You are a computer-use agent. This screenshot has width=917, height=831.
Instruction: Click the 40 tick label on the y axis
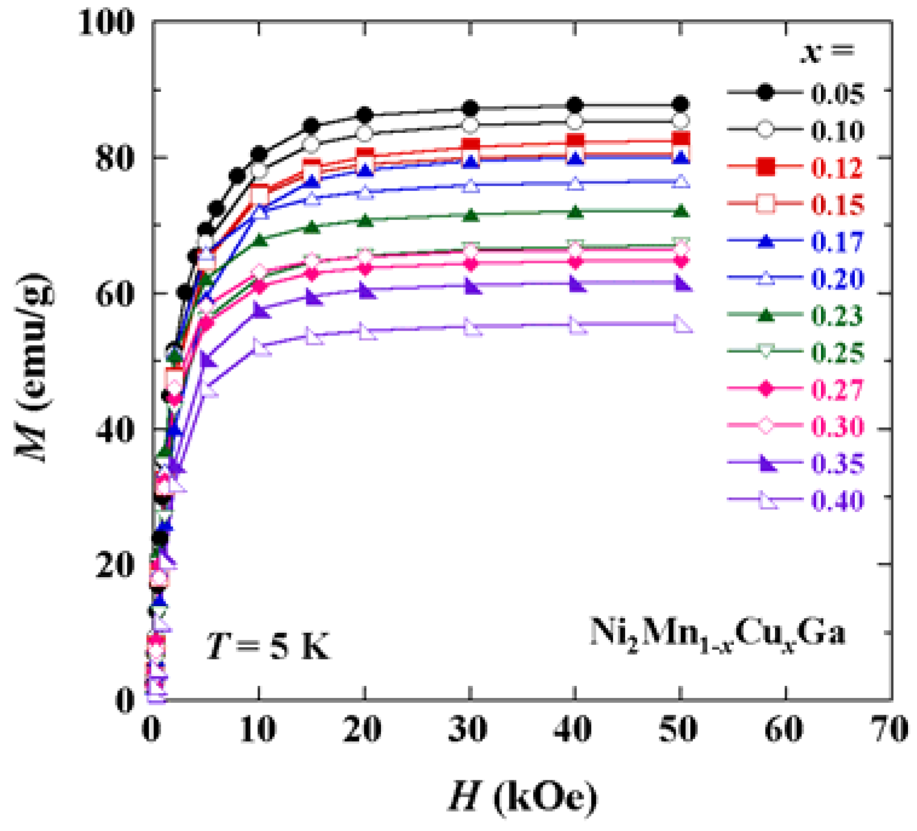pos(115,429)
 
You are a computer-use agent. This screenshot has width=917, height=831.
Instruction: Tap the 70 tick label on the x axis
pos(891,729)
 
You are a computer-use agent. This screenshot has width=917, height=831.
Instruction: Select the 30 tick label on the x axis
pos(468,729)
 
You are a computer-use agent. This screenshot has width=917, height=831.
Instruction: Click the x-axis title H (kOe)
pos(522,797)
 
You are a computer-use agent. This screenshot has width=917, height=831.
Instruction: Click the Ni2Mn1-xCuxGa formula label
pos(717,635)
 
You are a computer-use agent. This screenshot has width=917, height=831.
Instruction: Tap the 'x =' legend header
pos(826,51)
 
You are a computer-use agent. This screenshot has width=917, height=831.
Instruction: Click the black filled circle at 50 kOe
pos(681,104)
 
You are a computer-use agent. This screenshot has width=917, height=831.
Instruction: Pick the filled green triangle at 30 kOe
pos(470,215)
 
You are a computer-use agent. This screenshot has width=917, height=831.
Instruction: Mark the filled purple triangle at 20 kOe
pos(365,291)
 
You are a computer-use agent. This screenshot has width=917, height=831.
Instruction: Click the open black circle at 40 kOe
pos(575,122)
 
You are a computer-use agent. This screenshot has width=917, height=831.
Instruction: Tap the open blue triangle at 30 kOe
pos(470,186)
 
